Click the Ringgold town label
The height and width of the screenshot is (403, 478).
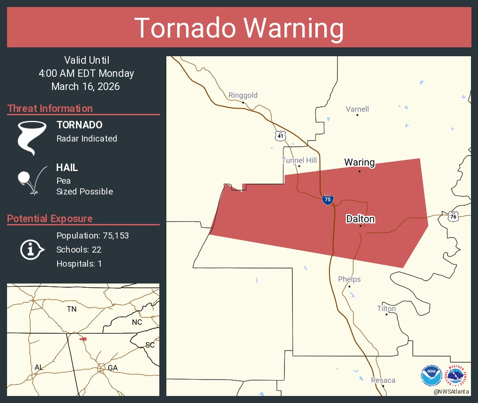243,96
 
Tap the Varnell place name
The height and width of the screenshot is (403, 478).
357,109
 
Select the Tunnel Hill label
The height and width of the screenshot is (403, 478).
299,160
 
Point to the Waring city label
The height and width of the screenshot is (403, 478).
359,163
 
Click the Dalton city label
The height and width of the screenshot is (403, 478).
360,219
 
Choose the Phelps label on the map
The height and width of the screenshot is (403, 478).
349,279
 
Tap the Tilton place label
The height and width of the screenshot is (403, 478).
386,309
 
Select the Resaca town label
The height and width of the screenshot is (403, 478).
383,380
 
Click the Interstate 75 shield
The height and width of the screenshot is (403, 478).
328,199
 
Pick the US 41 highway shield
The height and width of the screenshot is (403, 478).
280,135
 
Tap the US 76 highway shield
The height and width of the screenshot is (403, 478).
452,216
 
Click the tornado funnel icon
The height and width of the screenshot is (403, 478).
31,138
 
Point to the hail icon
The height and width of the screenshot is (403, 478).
31,179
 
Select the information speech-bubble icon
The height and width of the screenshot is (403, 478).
31,250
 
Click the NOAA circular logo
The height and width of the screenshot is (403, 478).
431,376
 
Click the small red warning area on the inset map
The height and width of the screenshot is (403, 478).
83,338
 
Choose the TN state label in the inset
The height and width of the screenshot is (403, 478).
71,309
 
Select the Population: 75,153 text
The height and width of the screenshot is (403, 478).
92,235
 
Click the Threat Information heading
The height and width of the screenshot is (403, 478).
50,108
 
